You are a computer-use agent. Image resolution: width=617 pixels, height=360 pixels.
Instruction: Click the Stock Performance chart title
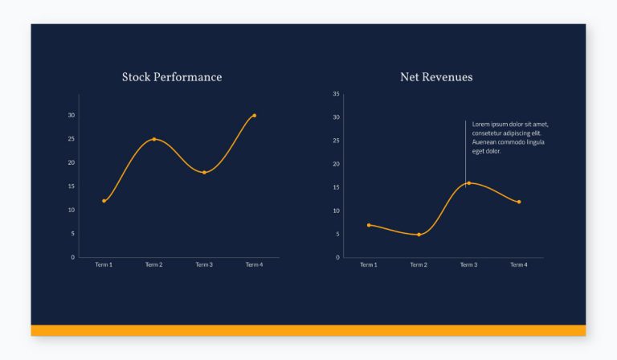(172, 77)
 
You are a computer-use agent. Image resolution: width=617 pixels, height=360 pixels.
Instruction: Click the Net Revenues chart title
(436, 77)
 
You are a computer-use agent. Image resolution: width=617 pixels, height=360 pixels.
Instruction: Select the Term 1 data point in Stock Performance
(104, 201)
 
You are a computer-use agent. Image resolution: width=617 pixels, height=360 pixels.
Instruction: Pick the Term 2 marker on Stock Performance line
(154, 139)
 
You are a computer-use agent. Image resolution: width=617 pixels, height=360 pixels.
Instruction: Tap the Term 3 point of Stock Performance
(204, 173)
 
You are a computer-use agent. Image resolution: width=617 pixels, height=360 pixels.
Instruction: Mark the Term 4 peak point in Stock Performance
(254, 116)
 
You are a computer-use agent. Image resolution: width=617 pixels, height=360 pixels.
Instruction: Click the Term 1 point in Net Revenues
(369, 225)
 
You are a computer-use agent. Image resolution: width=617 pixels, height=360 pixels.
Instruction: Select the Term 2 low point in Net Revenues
(419, 235)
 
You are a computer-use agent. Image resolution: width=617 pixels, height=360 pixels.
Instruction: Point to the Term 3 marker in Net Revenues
(468, 183)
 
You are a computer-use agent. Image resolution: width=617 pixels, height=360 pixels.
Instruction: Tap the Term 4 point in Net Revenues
(519, 202)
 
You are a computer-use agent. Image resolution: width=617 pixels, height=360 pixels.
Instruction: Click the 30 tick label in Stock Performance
(72, 116)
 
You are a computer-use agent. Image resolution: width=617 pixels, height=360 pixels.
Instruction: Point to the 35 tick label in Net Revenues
(336, 94)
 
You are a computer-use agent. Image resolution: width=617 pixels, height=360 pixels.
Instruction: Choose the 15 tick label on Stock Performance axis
(72, 186)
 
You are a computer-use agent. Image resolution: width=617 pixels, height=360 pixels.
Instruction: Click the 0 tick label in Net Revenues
(337, 258)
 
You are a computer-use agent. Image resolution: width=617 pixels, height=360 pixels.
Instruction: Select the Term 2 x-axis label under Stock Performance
(154, 265)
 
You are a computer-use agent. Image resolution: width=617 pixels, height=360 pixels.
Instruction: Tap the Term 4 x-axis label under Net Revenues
(519, 265)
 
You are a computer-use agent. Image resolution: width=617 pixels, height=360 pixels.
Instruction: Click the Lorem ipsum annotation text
(509, 137)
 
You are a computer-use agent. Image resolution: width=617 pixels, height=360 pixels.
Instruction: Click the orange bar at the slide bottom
(308, 330)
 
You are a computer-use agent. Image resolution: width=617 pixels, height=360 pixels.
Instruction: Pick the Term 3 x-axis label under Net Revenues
(468, 265)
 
